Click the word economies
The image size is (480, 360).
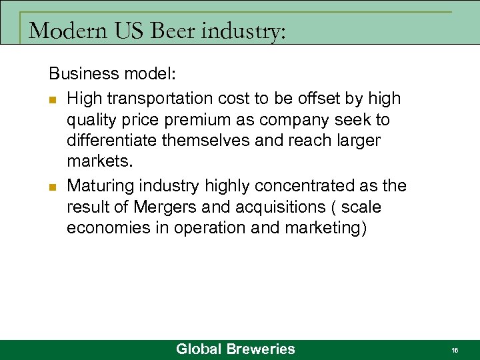(107, 228)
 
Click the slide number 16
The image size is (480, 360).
(455, 350)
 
